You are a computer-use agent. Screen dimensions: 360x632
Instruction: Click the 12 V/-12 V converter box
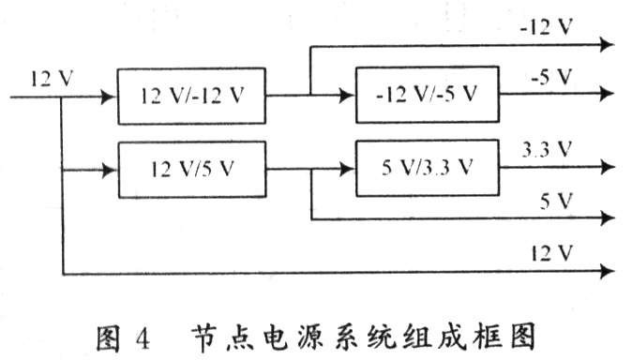[191, 96]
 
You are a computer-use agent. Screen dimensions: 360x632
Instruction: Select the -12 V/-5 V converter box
[427, 95]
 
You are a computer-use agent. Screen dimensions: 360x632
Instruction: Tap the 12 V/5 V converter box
[191, 170]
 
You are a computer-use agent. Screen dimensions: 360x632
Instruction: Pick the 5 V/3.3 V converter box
[427, 169]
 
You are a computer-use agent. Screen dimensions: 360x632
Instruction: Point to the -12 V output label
[547, 27]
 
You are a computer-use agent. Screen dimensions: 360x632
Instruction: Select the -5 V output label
[550, 78]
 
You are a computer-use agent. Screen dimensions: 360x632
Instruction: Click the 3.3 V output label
[547, 149]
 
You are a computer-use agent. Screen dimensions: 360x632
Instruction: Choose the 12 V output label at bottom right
[551, 252]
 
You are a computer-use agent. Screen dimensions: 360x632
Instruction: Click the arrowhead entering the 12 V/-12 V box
[110, 96]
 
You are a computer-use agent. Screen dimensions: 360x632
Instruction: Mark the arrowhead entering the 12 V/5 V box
[110, 170]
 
